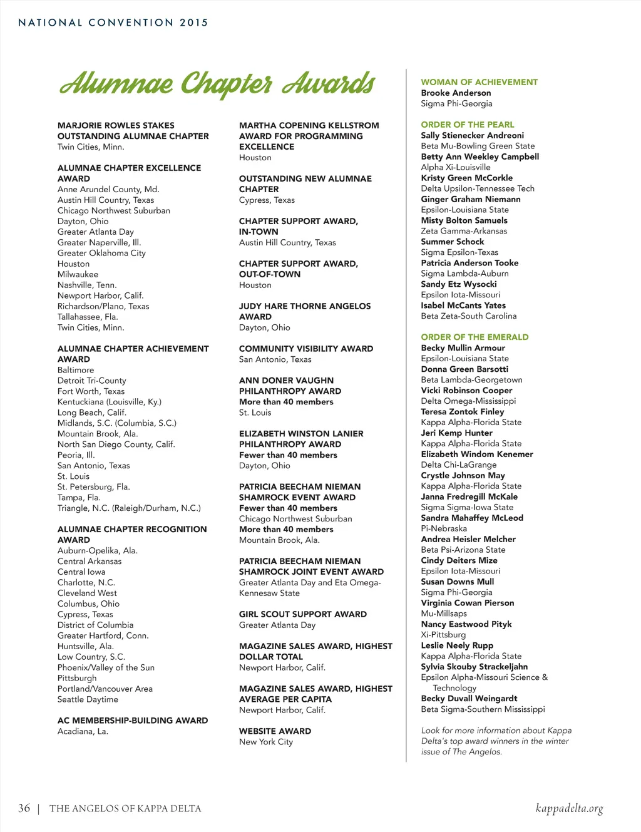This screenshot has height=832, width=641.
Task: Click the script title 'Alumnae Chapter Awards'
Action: [x=217, y=84]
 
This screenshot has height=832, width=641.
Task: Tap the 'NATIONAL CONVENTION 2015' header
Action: [x=113, y=23]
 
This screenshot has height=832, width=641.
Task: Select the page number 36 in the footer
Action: [x=24, y=808]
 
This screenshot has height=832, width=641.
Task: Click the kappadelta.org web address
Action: [x=569, y=808]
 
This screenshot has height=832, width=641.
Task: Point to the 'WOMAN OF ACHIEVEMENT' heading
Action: [x=479, y=82]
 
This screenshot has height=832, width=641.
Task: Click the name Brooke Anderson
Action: [x=456, y=93]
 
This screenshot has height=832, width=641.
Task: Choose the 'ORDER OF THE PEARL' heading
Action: [x=467, y=125]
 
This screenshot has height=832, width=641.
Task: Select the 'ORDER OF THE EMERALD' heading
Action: [x=474, y=337]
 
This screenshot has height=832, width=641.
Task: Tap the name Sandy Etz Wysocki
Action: [x=458, y=284]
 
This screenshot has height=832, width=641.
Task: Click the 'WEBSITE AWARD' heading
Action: [x=275, y=731]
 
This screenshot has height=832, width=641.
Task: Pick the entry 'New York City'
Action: [x=265, y=742]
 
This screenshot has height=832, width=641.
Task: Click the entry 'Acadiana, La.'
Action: [x=83, y=731]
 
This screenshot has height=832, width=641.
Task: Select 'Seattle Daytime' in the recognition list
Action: [x=88, y=699]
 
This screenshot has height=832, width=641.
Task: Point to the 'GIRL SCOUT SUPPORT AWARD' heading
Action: [x=302, y=614]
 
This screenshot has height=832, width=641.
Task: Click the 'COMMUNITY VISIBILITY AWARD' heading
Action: [x=305, y=349]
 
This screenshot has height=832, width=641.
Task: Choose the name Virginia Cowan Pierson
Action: [x=467, y=603]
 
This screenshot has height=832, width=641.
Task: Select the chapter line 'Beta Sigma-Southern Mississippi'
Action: [x=483, y=709]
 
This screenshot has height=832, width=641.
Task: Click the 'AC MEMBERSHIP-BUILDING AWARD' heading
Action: [x=133, y=721]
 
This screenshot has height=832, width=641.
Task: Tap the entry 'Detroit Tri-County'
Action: [x=91, y=381]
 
